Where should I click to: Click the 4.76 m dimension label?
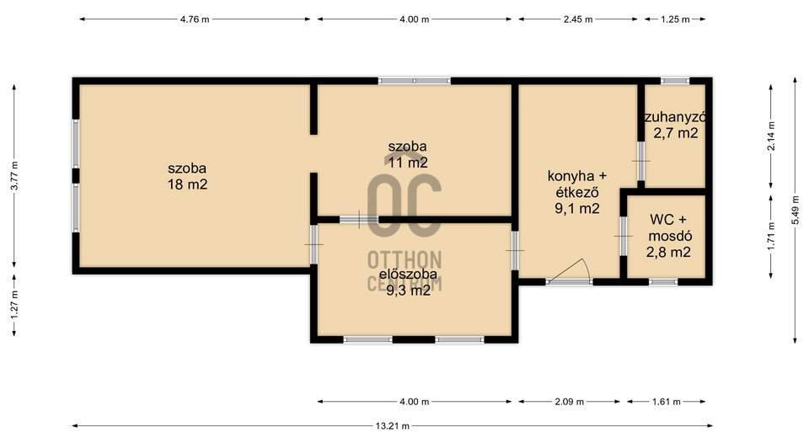(195, 19)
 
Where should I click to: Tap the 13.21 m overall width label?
(392, 426)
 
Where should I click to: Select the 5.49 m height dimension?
(795, 210)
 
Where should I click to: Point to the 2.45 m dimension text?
(578, 19)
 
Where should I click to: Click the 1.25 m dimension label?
(675, 19)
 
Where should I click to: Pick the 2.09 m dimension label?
(569, 402)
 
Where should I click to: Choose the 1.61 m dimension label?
(666, 402)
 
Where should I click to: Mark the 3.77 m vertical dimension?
(14, 176)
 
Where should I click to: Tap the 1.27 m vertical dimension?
(14, 305)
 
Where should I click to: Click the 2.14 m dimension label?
(771, 136)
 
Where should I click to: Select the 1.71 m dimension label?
(771, 237)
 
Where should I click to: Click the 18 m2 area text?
(187, 184)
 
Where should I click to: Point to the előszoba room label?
(408, 275)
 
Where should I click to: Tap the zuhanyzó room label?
(675, 117)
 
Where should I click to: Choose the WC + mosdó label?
(669, 227)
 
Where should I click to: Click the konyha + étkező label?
(576, 184)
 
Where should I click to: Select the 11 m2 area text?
(408, 163)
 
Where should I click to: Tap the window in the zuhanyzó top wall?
(675, 81)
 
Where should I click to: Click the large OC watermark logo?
(404, 205)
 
